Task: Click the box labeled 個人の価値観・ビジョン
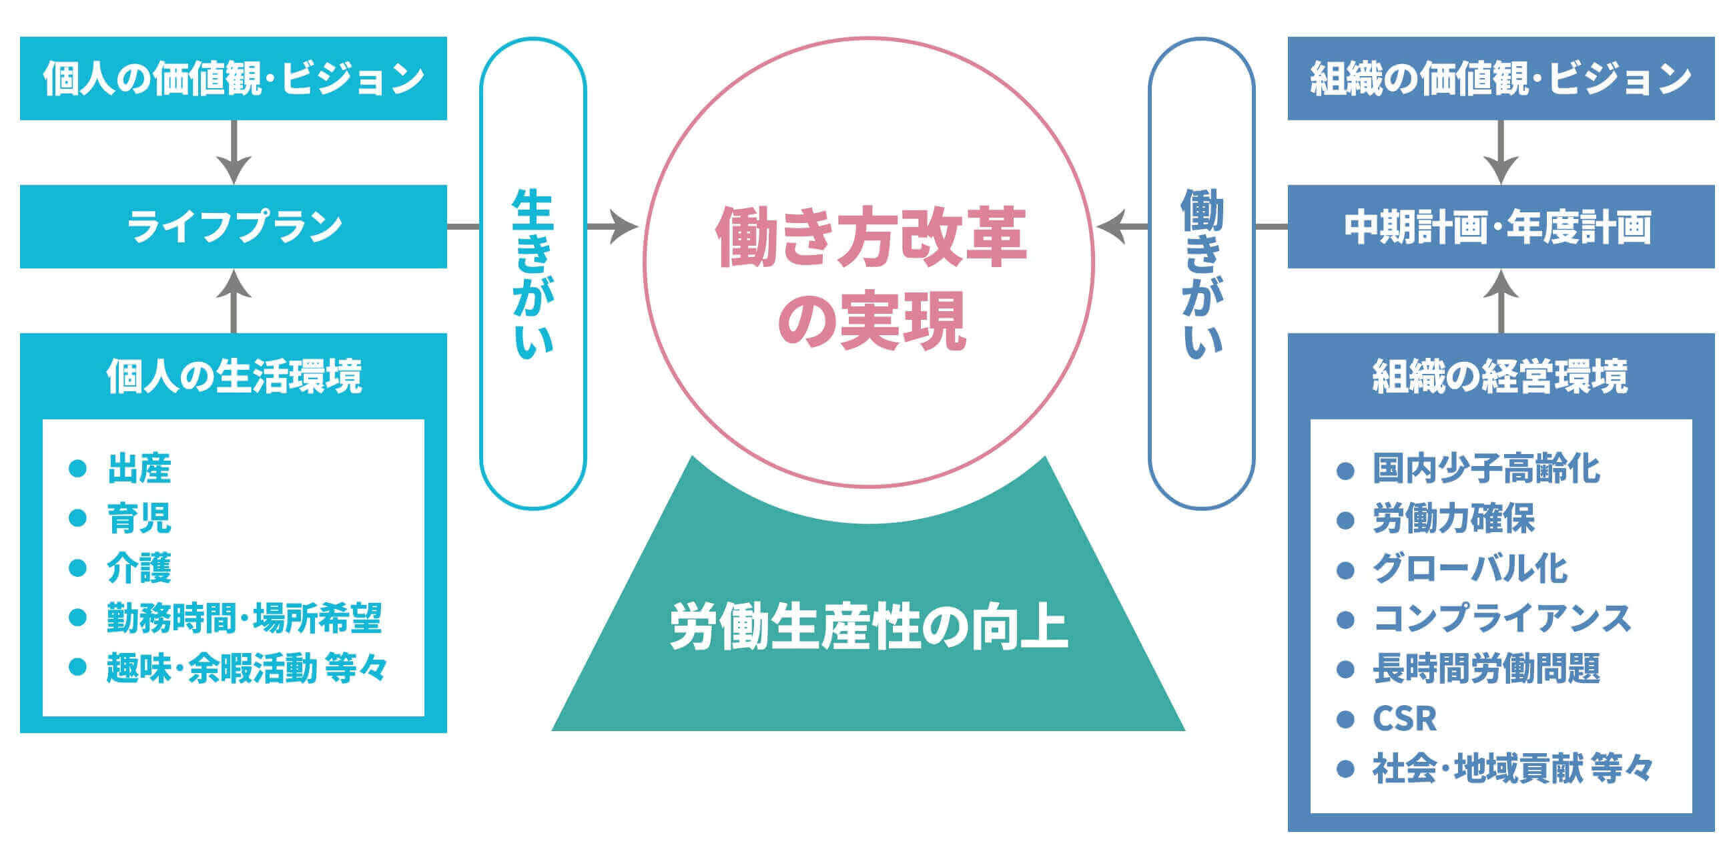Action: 233,78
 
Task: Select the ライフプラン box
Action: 233,226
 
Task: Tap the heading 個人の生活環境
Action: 234,376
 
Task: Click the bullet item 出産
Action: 139,468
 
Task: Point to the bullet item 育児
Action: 139,518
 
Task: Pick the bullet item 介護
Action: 139,568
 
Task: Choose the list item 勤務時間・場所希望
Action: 244,618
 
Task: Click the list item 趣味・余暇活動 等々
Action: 247,668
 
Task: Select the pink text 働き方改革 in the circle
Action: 870,236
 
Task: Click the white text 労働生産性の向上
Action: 869,628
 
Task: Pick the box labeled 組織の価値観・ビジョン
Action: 1501,78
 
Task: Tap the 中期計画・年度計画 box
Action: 1501,226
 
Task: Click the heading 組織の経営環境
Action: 1501,376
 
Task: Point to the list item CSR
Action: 1404,718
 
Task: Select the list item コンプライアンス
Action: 1502,618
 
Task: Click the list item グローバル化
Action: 1470,568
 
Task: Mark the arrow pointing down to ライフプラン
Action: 234,152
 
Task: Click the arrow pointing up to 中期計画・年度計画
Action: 1501,301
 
